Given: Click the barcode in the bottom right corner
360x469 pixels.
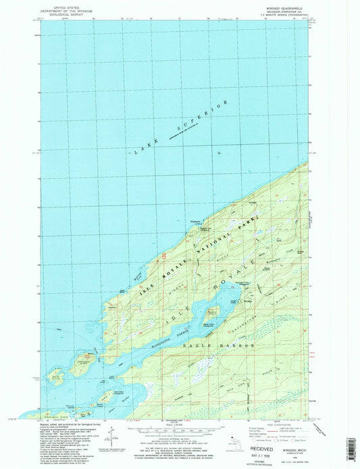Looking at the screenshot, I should (350, 447).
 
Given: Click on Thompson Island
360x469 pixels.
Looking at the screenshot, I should (86, 362).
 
